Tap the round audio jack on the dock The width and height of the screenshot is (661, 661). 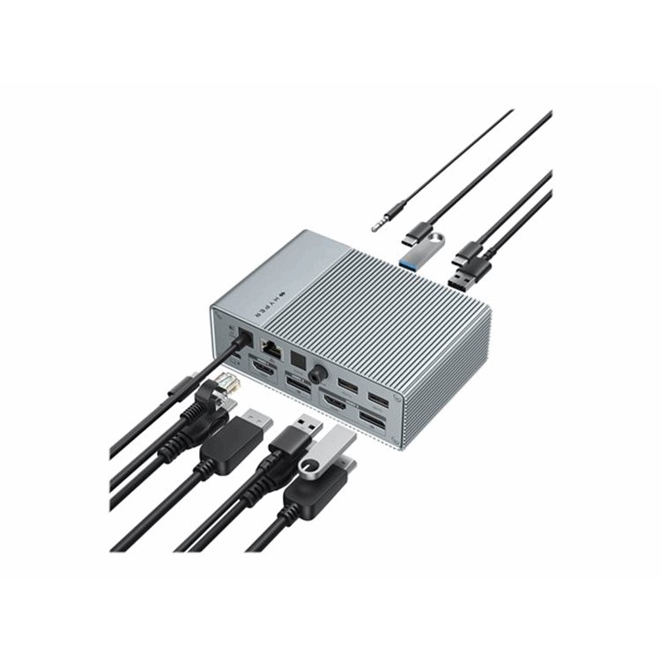point(316,373)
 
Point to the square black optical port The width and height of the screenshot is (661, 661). point(298,357)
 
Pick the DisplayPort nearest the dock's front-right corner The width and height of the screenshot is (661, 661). point(372,421)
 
